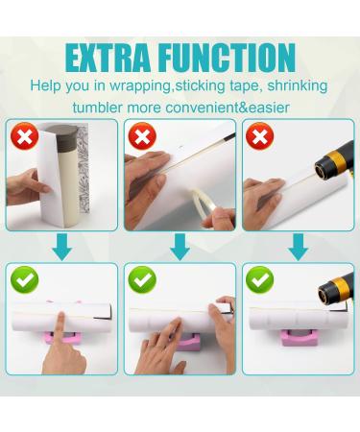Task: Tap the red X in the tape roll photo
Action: [142, 136]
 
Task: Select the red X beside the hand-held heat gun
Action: [258, 136]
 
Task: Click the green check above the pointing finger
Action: [24, 281]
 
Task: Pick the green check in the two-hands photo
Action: [142, 281]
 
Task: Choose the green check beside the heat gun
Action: [258, 281]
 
